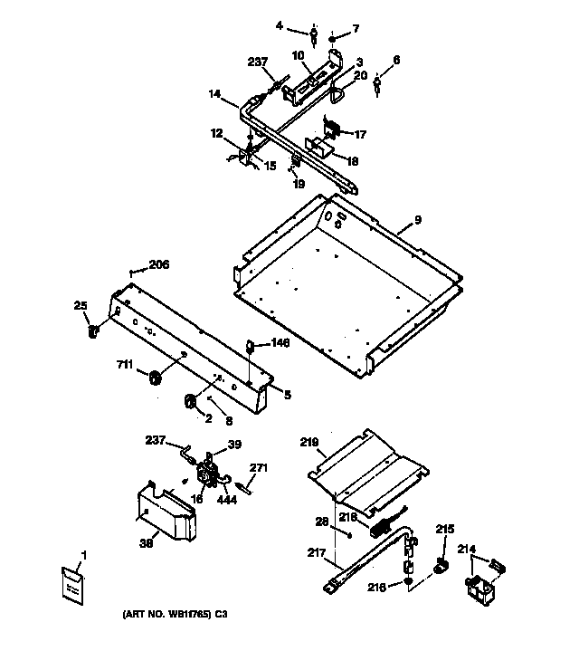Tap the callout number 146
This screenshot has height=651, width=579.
[x=281, y=344]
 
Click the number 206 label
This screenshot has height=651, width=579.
[x=158, y=265]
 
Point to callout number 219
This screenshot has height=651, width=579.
[x=309, y=444]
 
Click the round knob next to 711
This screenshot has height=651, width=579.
[x=153, y=377]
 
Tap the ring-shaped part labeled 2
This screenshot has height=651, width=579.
[x=192, y=400]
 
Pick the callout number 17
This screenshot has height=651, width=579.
[x=360, y=135]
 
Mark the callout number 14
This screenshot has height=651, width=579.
[x=215, y=93]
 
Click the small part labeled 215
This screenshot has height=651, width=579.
[x=441, y=568]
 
